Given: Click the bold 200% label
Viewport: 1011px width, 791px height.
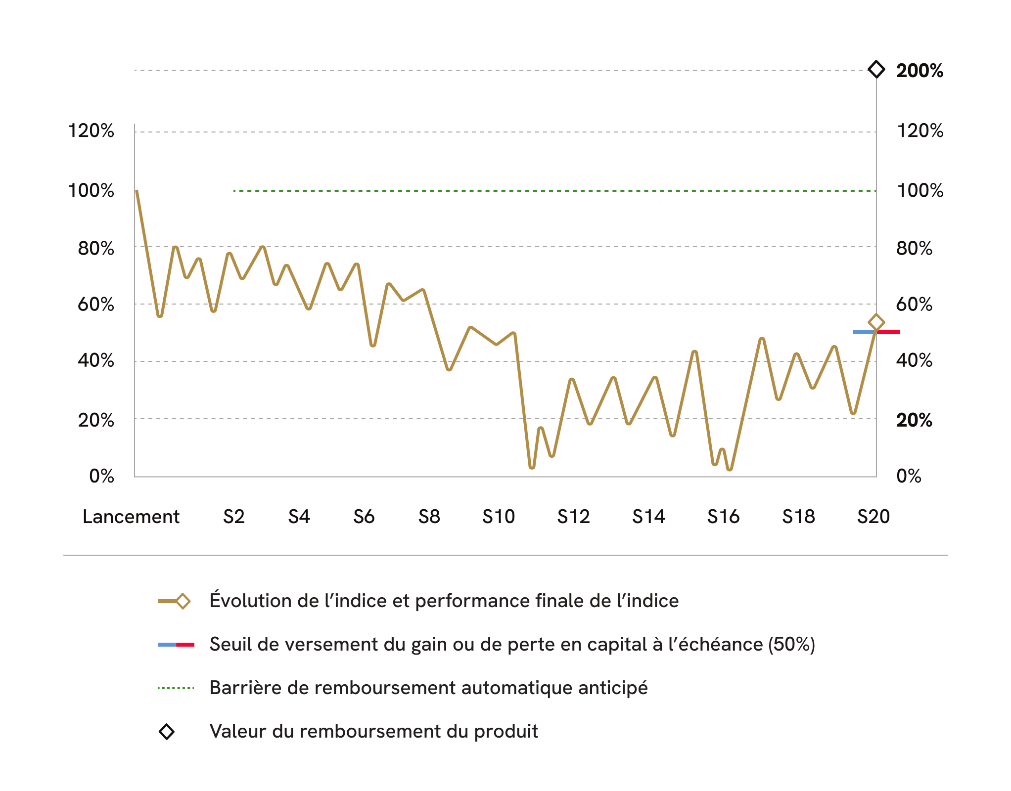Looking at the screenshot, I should click(919, 71).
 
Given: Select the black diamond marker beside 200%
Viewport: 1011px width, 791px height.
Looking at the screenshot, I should click(876, 69).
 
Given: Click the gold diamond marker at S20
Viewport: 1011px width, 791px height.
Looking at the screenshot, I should click(876, 322).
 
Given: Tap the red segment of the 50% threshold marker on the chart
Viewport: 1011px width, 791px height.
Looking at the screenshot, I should click(889, 332).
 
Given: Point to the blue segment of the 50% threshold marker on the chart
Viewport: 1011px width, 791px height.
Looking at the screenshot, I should click(864, 332).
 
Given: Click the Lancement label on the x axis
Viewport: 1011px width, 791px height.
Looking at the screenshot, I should click(131, 517).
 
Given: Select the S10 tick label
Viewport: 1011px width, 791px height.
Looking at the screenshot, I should click(499, 517).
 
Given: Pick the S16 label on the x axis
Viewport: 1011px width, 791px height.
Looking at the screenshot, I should click(723, 517).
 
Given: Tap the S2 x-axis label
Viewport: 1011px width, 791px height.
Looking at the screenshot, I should click(233, 517).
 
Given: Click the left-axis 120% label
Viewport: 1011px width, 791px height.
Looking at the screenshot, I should click(91, 131).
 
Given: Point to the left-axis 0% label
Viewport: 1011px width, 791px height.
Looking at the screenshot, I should click(101, 476).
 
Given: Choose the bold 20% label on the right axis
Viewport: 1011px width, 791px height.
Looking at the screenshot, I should click(914, 420).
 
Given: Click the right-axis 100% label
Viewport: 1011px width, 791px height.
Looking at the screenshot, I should click(920, 191).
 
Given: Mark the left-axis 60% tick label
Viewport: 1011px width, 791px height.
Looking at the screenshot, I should click(96, 305).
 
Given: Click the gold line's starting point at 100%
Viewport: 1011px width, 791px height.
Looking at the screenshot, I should click(137, 191).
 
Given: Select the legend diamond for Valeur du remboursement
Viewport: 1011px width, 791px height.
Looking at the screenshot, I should click(167, 732).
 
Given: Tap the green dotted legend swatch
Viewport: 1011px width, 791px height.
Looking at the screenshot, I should click(176, 688).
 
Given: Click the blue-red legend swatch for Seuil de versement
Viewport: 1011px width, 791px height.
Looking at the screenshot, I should click(176, 645).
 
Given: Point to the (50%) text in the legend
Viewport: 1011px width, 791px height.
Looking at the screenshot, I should click(791, 644).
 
